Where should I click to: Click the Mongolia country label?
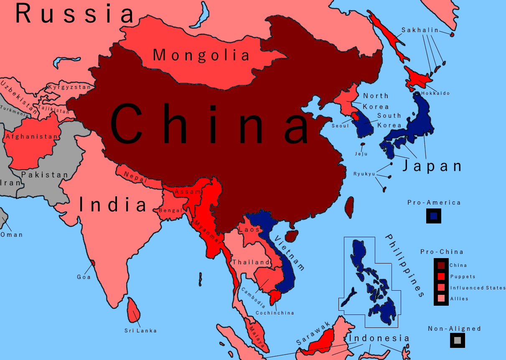[x=201, y=55]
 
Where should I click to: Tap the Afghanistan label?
[x=32, y=137]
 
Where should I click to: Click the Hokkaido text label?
[x=435, y=93]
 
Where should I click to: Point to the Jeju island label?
[x=361, y=154]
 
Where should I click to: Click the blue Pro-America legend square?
[x=434, y=216]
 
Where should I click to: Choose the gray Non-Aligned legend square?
[x=458, y=340]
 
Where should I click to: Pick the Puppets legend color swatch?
[x=441, y=276]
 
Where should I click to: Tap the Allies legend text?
[x=459, y=299]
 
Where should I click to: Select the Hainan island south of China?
[x=292, y=236]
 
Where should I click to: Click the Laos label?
[x=249, y=230]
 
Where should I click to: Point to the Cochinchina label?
[x=275, y=313]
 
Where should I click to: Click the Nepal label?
[x=136, y=177]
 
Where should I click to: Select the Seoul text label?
[x=340, y=126]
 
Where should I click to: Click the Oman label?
[x=12, y=235]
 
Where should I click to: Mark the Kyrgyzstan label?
[x=69, y=87]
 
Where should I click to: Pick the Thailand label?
[x=251, y=262]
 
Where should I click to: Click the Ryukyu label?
[x=364, y=174]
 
